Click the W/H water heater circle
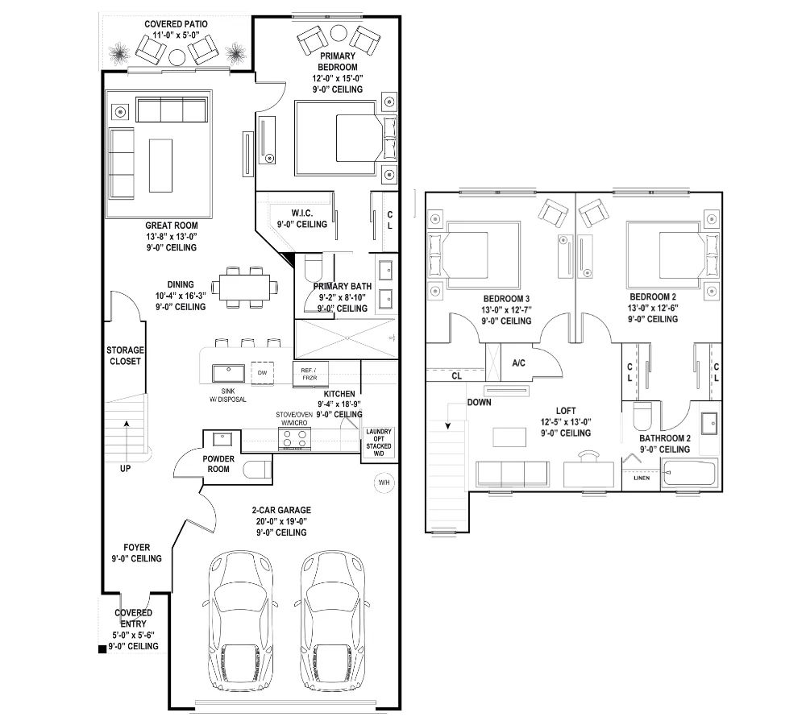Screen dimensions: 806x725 pos(384,483)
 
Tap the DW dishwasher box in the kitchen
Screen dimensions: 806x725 pos(262,373)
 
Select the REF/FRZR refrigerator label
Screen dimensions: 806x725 pos(310,374)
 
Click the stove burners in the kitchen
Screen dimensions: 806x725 pos(294,439)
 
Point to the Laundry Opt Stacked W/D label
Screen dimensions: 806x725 pos(379,442)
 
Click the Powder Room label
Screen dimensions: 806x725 pos(218,463)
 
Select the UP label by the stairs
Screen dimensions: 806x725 pos(126,469)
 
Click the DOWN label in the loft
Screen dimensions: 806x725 pos(479,402)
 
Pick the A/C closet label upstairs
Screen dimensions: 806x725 pos(518,363)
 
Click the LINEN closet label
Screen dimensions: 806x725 pos(642,478)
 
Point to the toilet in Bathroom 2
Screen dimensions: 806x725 pos(642,416)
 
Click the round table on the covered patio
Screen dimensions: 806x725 pos(177,56)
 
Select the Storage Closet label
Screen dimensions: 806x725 pos(125,355)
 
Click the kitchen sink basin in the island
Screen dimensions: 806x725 pos(229,374)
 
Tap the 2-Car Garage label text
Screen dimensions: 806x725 pos(281,510)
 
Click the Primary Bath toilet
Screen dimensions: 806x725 pos(313,267)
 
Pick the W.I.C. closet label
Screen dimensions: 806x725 pos(301,213)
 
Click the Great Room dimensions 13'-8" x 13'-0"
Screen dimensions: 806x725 pos(172,236)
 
